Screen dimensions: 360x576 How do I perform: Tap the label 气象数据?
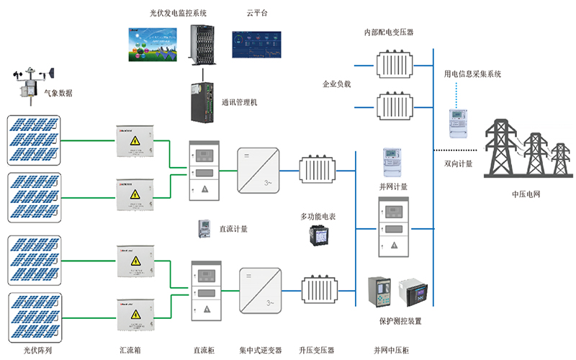click(x=58, y=94)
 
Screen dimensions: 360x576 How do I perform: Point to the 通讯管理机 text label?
click(x=239, y=102)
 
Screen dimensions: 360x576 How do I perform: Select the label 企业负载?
click(x=336, y=84)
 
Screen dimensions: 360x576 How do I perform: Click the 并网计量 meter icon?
click(x=391, y=162)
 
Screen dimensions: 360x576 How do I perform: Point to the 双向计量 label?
click(x=458, y=164)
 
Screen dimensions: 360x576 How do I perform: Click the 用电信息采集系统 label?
click(x=472, y=74)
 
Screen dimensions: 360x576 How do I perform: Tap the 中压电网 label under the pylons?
click(x=526, y=194)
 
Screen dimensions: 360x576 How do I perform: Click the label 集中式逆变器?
click(x=261, y=351)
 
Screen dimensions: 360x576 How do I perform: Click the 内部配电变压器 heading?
click(x=389, y=32)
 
